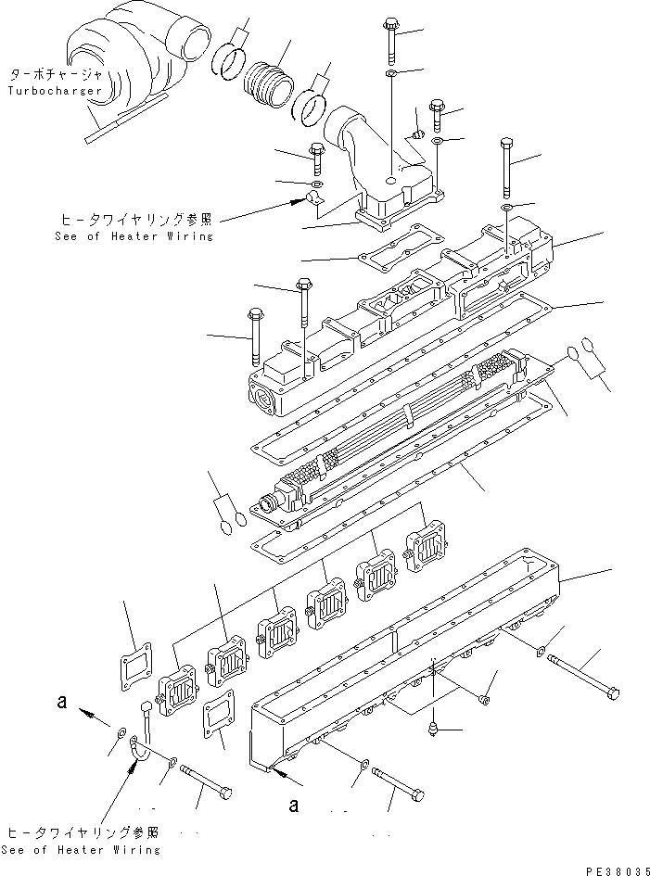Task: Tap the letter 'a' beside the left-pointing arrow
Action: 61,704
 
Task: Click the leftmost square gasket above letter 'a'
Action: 137,666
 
